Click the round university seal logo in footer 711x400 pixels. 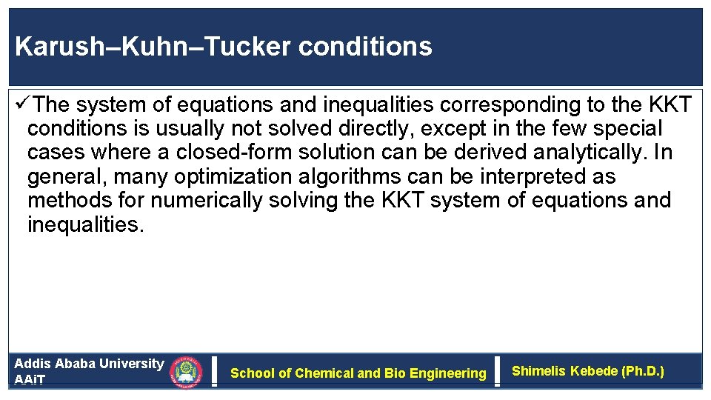(186, 373)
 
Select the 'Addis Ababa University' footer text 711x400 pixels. (89, 364)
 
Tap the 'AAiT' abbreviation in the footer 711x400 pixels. (30, 380)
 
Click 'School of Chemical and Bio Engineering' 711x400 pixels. (358, 373)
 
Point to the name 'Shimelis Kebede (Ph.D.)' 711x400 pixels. (588, 371)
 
